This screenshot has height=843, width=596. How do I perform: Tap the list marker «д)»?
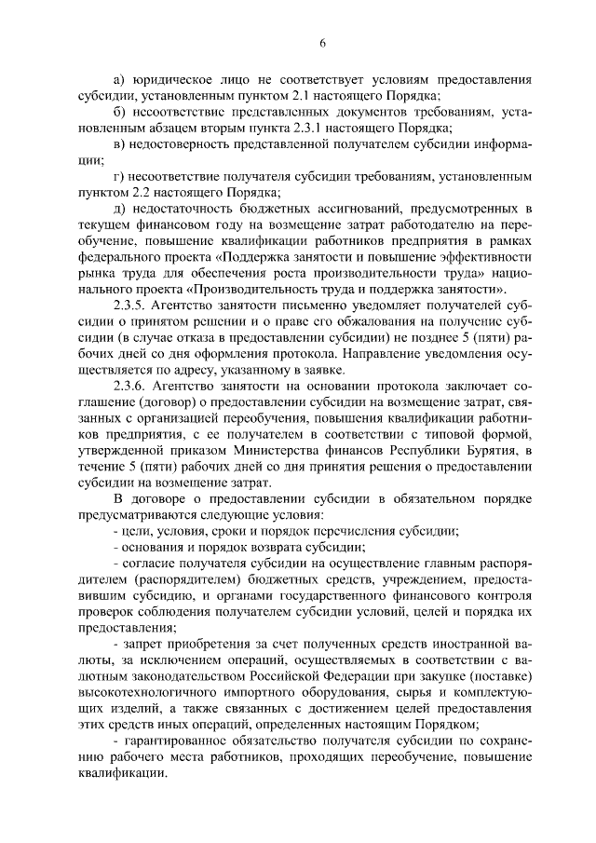pos(119,207)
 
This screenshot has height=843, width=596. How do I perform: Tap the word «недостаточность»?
pos(194,207)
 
